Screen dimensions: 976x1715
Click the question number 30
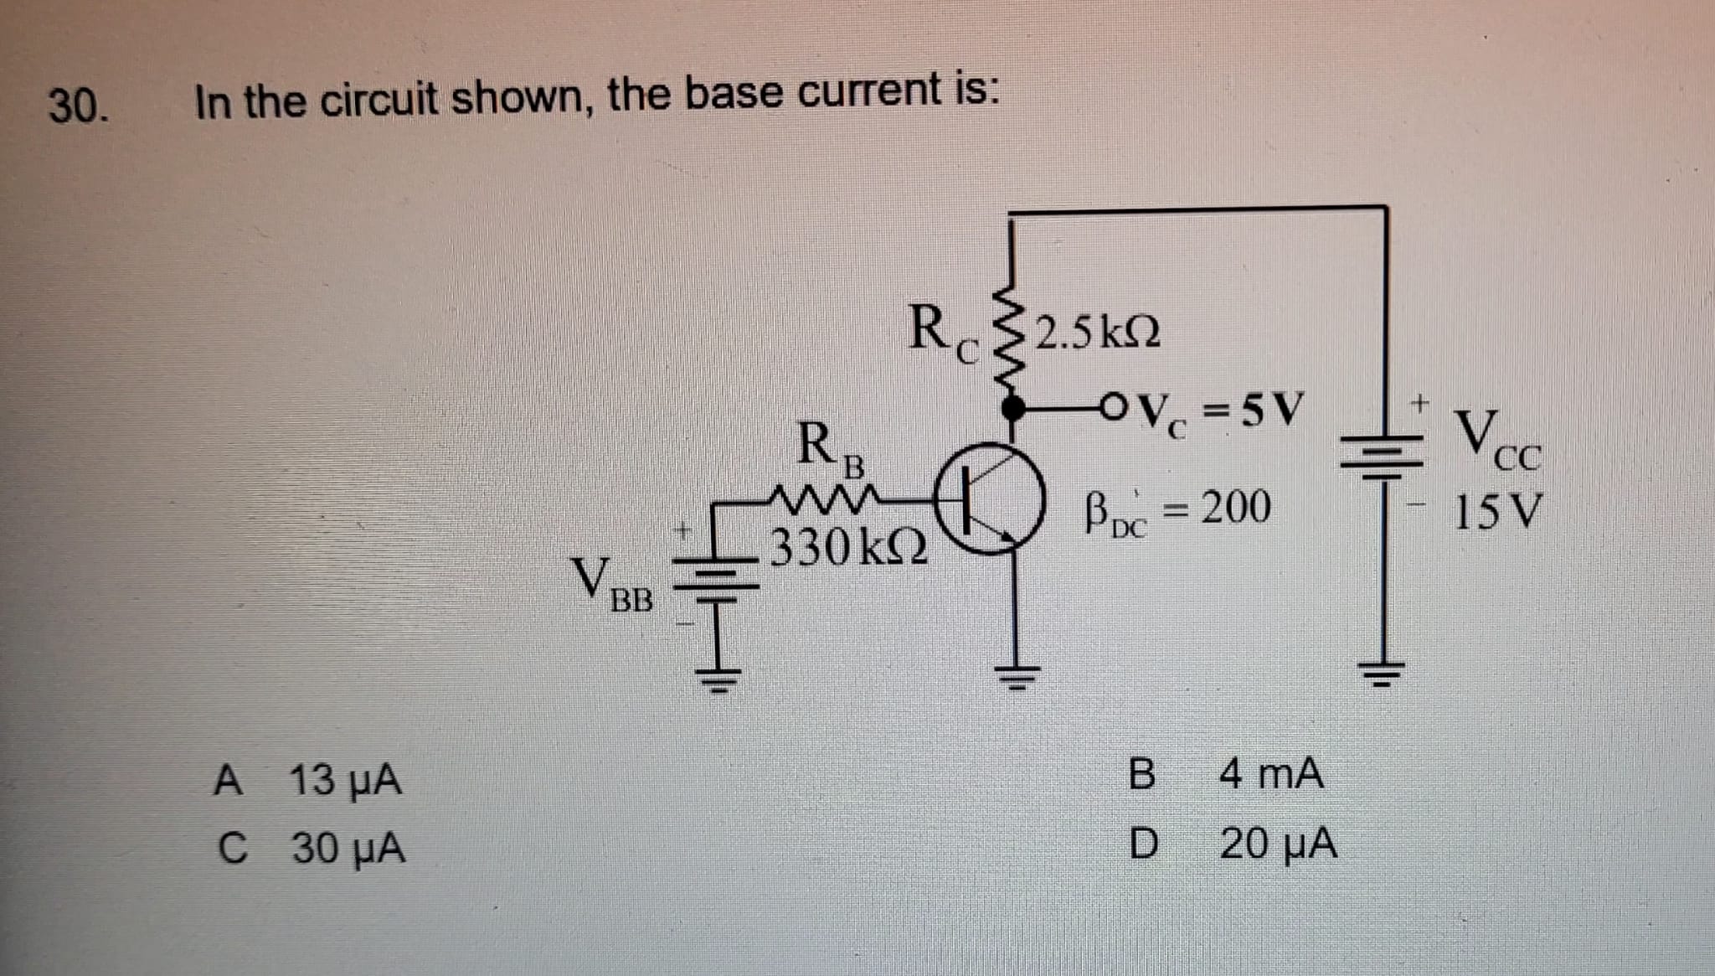(78, 105)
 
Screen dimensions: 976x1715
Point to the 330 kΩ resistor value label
(848, 548)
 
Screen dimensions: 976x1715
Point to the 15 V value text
(1496, 512)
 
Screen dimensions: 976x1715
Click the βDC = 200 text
(1177, 509)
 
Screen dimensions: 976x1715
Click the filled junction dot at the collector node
(1014, 409)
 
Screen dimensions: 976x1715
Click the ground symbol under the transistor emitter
(1016, 673)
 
